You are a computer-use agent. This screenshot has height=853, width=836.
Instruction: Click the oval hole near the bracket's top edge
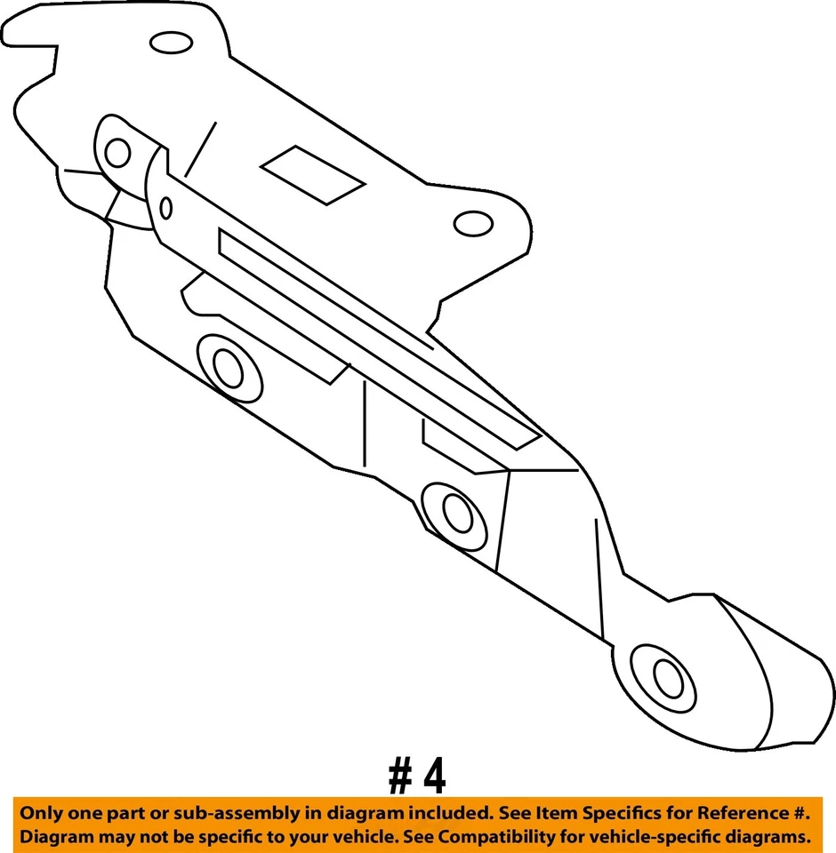(x=166, y=42)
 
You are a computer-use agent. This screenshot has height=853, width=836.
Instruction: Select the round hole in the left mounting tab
(x=117, y=152)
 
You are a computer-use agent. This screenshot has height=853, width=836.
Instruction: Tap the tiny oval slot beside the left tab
(x=166, y=207)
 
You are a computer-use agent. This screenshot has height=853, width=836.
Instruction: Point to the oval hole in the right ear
(x=472, y=223)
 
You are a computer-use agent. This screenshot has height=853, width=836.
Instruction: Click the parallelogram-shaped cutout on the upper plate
(x=313, y=173)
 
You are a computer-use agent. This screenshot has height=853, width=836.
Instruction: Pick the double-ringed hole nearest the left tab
(x=228, y=367)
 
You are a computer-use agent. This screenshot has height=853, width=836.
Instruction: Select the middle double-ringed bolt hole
(x=455, y=513)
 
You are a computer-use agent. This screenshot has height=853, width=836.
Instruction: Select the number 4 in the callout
(x=434, y=777)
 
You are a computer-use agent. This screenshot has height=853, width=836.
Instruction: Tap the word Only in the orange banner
(x=41, y=813)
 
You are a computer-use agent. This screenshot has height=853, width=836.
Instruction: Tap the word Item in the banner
(x=551, y=813)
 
